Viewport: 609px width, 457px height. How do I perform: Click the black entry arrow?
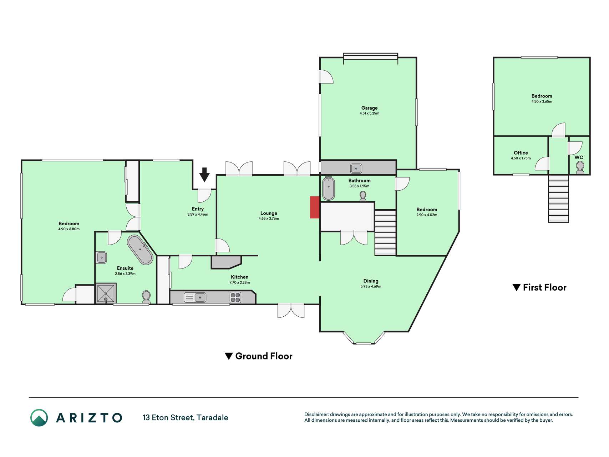click(x=204, y=175)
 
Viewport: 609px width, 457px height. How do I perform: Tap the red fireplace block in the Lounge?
click(x=314, y=207)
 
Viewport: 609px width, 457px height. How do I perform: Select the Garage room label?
click(x=369, y=108)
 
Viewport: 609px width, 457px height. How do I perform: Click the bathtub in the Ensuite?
click(x=140, y=250)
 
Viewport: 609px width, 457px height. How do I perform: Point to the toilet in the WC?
click(x=580, y=167)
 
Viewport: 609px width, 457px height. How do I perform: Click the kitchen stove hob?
click(x=235, y=297)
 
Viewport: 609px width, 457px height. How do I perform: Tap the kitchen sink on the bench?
click(x=195, y=297)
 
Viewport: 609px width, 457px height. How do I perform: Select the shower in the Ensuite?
click(x=106, y=293)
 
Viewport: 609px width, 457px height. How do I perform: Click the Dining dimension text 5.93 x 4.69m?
click(x=371, y=286)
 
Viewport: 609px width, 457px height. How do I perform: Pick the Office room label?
click(x=521, y=153)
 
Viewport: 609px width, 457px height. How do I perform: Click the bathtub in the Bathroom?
click(x=328, y=189)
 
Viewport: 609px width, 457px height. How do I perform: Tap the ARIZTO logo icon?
click(x=39, y=418)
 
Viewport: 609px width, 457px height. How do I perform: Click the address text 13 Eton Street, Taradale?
click(x=185, y=417)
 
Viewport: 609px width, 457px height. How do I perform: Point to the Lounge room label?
click(x=269, y=213)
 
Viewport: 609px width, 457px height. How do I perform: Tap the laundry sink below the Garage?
click(x=356, y=168)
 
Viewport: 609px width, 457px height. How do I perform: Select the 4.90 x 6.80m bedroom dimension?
click(x=69, y=229)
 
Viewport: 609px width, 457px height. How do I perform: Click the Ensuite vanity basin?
click(x=102, y=257)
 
